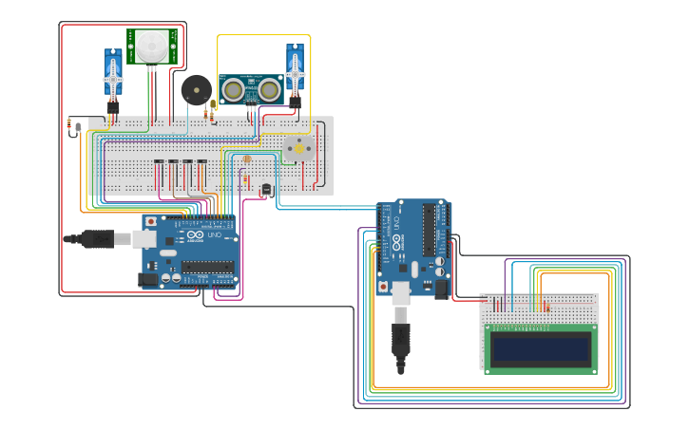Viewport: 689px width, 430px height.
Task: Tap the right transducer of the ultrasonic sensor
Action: (x=270, y=90)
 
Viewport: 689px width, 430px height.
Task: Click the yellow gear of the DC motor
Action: (x=297, y=149)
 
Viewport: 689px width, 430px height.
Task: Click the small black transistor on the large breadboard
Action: (x=266, y=191)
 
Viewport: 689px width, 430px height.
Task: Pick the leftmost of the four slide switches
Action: (x=160, y=172)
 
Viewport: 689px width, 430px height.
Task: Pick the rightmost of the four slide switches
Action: (x=202, y=172)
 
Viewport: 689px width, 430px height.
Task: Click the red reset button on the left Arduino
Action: (x=149, y=221)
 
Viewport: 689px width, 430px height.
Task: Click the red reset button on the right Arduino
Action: (x=383, y=285)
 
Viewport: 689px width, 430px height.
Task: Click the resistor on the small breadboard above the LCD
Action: (x=545, y=306)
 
